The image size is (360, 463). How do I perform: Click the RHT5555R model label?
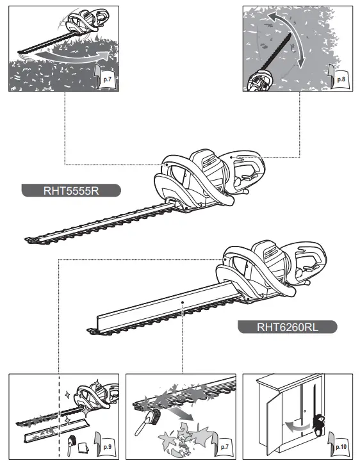70,190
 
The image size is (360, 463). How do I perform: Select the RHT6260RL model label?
287,327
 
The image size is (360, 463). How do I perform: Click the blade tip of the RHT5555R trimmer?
31,240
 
